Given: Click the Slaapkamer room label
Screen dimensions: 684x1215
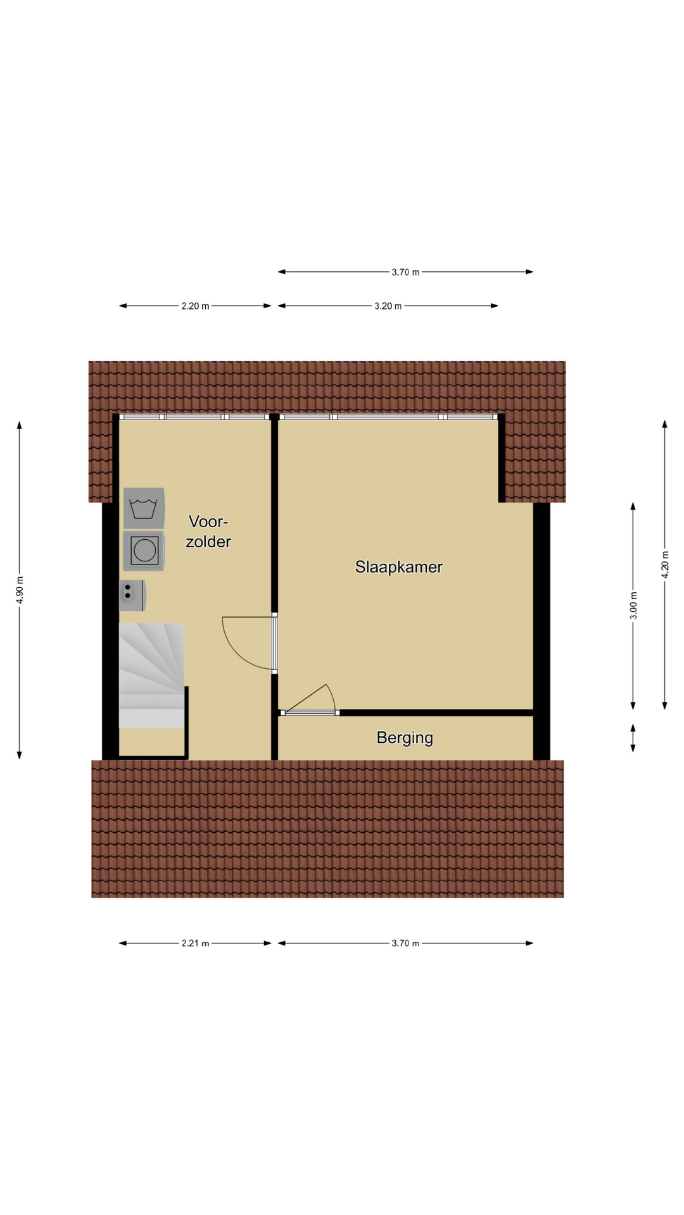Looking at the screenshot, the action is pos(398,567).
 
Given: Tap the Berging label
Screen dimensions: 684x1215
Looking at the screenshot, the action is pos(405,738).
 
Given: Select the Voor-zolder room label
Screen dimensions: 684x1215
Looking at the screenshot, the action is pos(208,532).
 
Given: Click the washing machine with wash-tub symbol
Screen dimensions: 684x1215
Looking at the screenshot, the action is pos(144,508).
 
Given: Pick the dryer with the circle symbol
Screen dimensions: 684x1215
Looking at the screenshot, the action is pos(144,551).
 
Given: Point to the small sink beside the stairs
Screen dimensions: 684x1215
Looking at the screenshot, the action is pos(132,595).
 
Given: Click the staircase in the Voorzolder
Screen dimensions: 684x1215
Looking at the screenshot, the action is pos(152,675).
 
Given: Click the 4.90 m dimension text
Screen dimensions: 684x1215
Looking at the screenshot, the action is pos(20,590).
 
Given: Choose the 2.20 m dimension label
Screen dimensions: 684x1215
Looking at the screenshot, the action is pos(195,306).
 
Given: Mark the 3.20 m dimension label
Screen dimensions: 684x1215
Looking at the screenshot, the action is pos(388,306).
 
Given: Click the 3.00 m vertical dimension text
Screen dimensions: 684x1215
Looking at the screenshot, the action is pos(633,606).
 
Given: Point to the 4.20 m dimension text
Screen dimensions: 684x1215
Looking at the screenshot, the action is pos(665,564).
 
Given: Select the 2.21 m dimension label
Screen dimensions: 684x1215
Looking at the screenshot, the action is pos(195,943).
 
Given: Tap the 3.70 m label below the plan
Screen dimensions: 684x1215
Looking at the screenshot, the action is pos(405,943).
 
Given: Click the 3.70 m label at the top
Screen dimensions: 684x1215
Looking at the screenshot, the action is pos(405,272).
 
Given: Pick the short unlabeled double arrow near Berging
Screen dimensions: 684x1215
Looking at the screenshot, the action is pos(633,738).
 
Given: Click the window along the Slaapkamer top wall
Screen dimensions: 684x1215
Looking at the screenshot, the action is pos(388,417).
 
